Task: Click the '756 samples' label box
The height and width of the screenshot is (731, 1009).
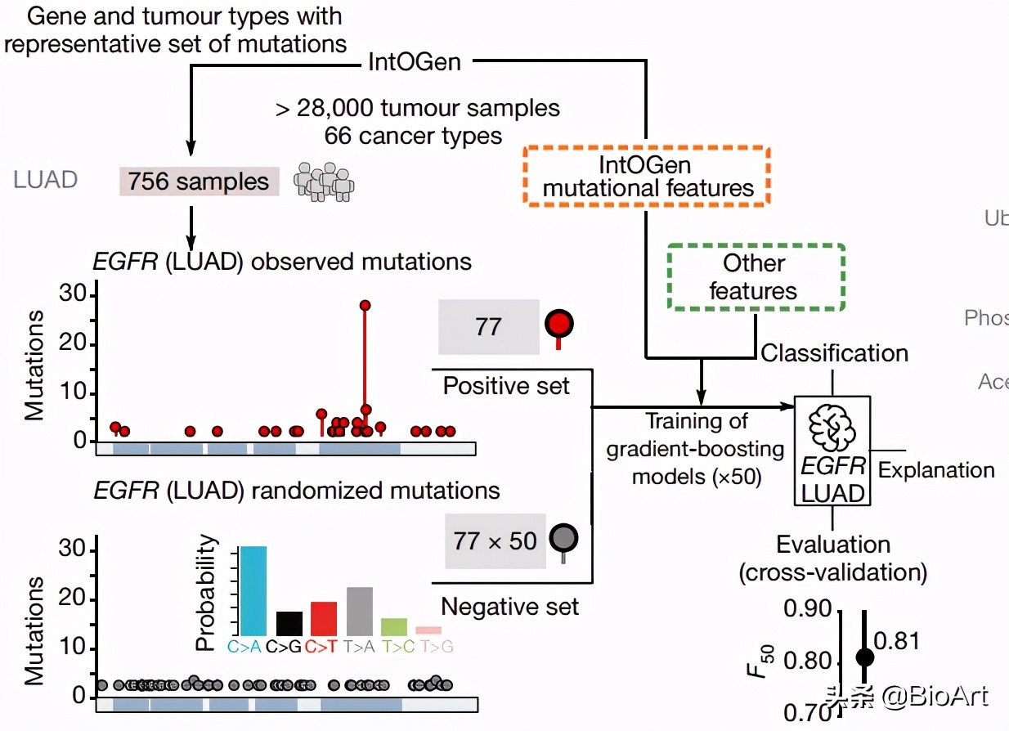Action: click(x=199, y=182)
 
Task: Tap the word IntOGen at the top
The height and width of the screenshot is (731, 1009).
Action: click(x=415, y=61)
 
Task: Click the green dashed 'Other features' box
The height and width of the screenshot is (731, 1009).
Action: click(x=756, y=277)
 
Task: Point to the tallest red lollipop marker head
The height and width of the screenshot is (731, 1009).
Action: click(x=365, y=305)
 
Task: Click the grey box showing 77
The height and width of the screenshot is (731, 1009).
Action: click(x=488, y=326)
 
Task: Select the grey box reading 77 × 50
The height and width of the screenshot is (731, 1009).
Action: click(x=495, y=540)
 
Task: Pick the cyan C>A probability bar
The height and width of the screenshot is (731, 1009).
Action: click(x=253, y=590)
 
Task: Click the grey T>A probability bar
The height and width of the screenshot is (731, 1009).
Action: click(x=359, y=611)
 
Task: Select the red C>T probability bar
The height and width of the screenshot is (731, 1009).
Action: click(x=323, y=618)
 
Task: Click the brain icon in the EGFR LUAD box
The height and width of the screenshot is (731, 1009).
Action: click(x=831, y=426)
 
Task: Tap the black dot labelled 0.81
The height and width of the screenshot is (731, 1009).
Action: click(x=864, y=657)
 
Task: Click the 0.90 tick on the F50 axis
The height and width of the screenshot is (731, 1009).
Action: click(x=807, y=609)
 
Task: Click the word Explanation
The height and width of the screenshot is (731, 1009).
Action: click(x=936, y=470)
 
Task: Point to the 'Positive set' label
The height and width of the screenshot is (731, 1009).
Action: click(x=506, y=386)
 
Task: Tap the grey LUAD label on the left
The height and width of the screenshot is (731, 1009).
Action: click(x=46, y=179)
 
